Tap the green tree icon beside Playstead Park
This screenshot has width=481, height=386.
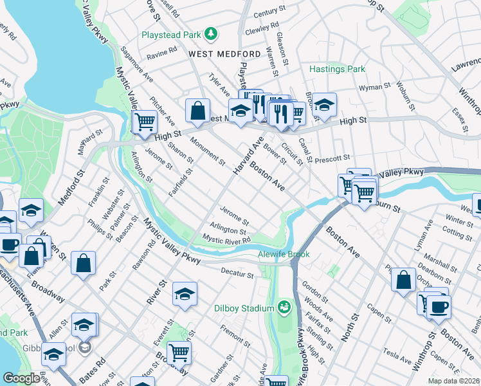[210, 33]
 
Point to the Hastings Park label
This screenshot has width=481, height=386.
[337, 69]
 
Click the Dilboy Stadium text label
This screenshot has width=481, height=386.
[244, 308]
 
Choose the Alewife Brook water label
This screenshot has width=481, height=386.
[284, 254]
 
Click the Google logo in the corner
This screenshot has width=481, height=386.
[21, 378]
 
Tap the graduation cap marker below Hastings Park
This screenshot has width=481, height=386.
[325, 105]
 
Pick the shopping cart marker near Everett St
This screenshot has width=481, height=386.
[179, 352]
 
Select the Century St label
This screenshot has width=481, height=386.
[269, 12]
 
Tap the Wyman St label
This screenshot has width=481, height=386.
[374, 86]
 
